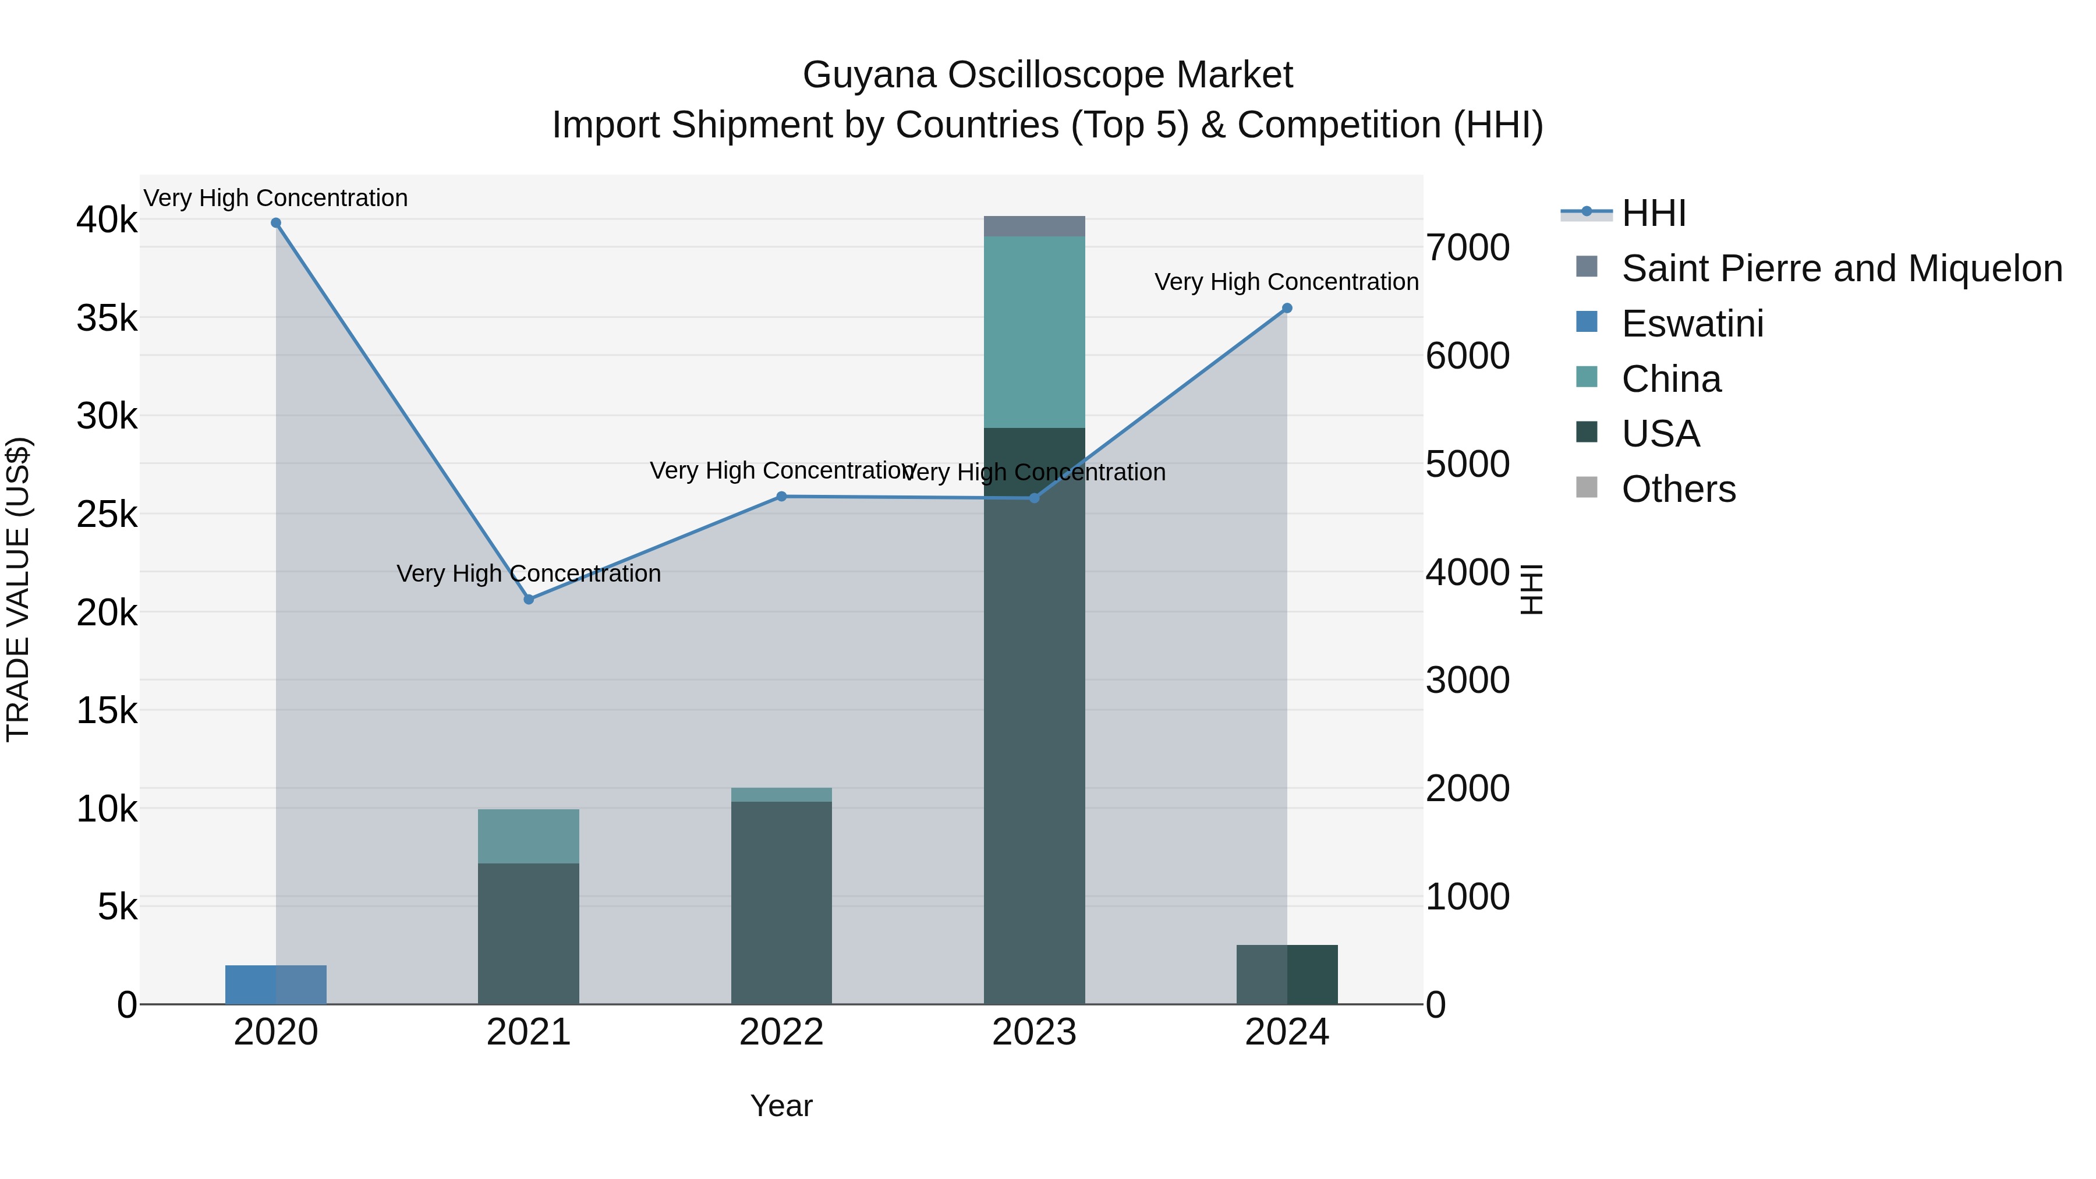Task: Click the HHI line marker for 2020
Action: coord(276,223)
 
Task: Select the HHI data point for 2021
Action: coord(529,600)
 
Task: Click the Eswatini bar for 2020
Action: coord(276,985)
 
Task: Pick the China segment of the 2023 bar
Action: coord(1034,332)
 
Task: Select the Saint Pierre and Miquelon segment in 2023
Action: coord(1034,226)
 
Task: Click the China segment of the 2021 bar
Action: coord(529,835)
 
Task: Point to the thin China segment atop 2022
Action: coord(781,795)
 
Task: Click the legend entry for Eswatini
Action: coord(1693,324)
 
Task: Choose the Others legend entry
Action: coord(1679,489)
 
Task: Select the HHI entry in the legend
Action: coord(1654,213)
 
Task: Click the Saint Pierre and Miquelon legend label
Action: coord(1842,268)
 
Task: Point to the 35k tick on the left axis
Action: coord(107,318)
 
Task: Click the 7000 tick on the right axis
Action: coord(1468,247)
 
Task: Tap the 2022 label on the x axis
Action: coord(781,1032)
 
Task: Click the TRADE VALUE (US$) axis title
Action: coord(18,589)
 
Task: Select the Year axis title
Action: coord(781,1106)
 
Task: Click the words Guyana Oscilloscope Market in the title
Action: coord(1047,75)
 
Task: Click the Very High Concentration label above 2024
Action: coord(1286,282)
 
